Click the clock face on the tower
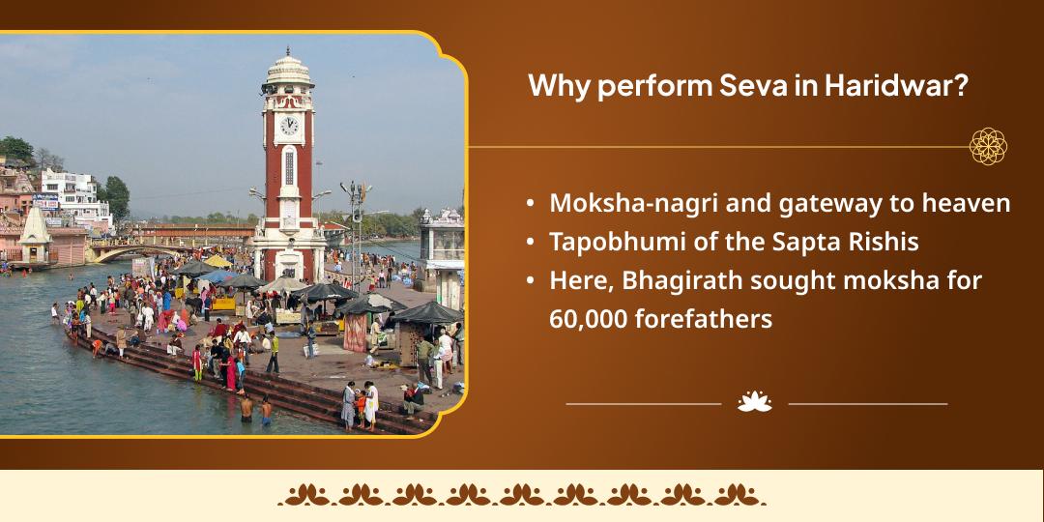(289, 125)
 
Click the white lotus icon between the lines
(755, 401)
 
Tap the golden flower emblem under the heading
(988, 147)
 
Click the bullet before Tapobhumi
(530, 243)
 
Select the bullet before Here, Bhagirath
(530, 281)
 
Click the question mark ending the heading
(963, 86)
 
